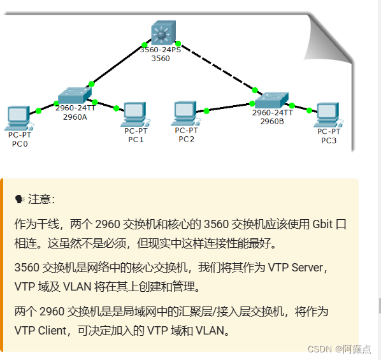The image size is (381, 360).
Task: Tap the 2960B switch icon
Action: (272, 99)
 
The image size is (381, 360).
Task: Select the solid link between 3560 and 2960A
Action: (118, 64)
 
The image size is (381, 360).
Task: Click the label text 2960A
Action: (75, 117)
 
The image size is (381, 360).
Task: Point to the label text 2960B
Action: (272, 121)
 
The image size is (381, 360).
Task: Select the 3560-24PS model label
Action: (161, 50)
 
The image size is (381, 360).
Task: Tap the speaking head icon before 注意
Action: (19, 199)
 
